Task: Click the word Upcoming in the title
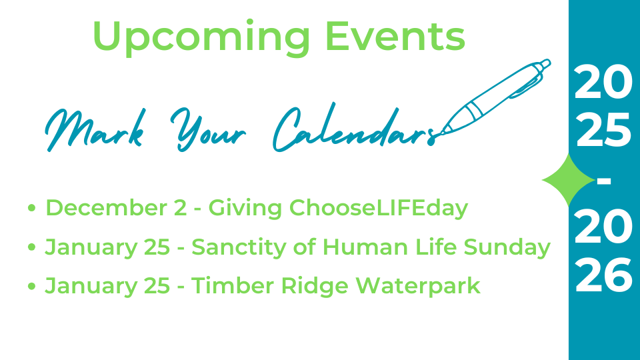[x=201, y=37]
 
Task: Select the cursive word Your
[x=208, y=129]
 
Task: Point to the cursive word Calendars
[x=354, y=127]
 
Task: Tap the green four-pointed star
[x=568, y=180]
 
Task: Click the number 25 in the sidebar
[x=603, y=130]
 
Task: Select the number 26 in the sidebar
[x=603, y=275]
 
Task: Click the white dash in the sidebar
[x=604, y=181]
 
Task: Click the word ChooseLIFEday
[x=379, y=209]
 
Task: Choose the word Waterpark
[x=418, y=286]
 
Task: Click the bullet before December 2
[x=31, y=208]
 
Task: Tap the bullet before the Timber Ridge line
[x=31, y=286]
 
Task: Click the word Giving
[x=245, y=209]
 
